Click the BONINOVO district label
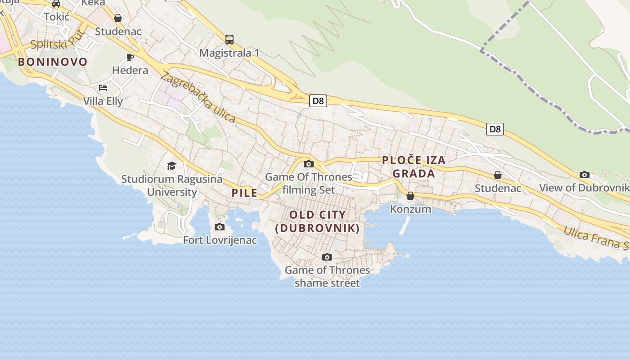click(x=53, y=62)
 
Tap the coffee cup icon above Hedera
click(x=130, y=57)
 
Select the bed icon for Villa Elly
click(x=103, y=88)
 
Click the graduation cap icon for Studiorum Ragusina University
click(x=171, y=166)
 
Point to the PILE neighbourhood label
click(x=245, y=193)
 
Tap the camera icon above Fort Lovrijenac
click(x=220, y=227)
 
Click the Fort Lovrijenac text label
click(x=220, y=240)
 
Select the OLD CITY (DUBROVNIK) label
click(x=318, y=221)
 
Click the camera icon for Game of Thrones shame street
click(x=327, y=257)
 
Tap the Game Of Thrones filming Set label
click(x=309, y=183)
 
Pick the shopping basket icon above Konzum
click(x=410, y=196)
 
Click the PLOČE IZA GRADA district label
click(x=414, y=167)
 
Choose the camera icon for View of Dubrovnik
click(x=585, y=175)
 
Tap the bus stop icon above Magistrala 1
click(x=229, y=39)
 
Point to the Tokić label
click(x=57, y=17)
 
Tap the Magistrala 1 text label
click(x=229, y=53)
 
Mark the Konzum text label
click(x=410, y=209)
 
